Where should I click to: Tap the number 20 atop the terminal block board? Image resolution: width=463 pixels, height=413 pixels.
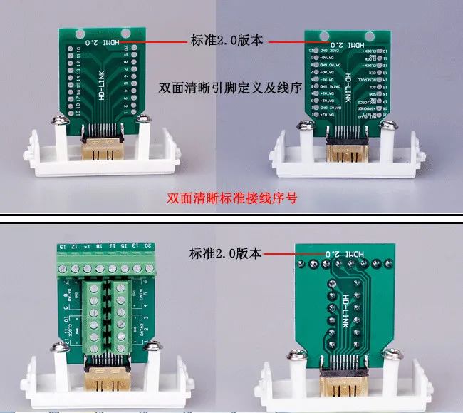(x=147, y=246)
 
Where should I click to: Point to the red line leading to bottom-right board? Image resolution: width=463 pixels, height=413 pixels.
(x=293, y=253)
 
